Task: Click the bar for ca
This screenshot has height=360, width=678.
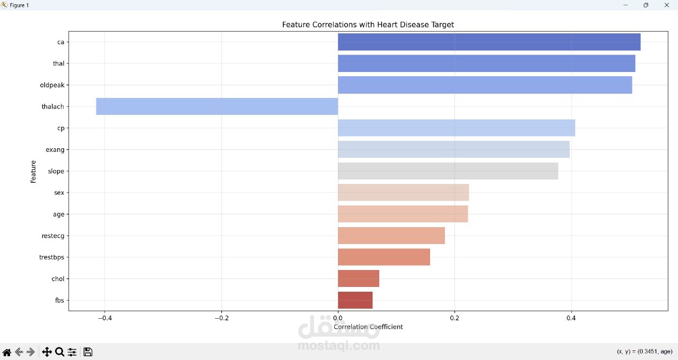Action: coord(489,42)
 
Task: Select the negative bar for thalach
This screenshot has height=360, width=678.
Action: coord(217,106)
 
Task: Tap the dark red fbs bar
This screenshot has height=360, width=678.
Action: coord(355,300)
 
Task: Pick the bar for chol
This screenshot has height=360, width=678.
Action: coord(359,278)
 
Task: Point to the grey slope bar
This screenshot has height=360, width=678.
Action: coord(448,171)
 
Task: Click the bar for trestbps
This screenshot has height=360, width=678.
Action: coord(384,257)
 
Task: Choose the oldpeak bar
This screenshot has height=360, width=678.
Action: coord(485,85)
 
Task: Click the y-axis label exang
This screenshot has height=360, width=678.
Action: coord(55,150)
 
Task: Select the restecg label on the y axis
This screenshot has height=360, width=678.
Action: coord(52,236)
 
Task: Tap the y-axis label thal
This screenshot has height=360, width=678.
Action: coord(58,64)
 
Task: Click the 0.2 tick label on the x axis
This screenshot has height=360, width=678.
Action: coord(454,318)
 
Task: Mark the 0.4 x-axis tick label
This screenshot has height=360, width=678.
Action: coord(571,318)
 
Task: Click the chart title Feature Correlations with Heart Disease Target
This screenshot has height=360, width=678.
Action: coord(368,25)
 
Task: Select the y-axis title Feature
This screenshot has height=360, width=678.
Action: coord(33,172)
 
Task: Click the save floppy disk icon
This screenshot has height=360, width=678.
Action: coord(88,352)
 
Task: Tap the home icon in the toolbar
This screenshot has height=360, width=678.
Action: coord(7,352)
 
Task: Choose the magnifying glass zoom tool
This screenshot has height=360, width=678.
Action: coord(60,352)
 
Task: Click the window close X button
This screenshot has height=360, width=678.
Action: coord(666,5)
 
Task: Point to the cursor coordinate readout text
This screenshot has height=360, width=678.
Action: coord(645,352)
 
